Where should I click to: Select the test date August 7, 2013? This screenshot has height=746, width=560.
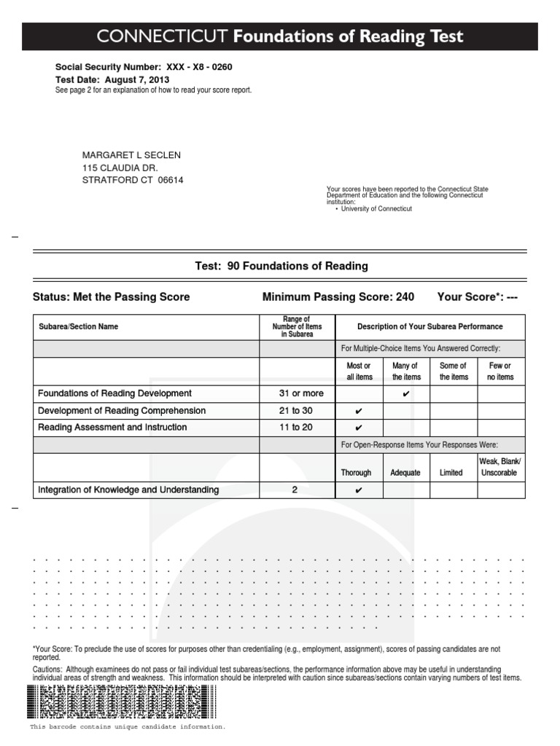point(137,79)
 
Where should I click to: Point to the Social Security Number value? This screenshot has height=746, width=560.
point(199,67)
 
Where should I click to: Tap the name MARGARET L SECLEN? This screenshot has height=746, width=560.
point(131,155)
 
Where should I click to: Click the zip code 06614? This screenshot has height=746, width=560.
point(171,180)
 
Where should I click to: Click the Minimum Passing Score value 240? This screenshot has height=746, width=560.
point(405,297)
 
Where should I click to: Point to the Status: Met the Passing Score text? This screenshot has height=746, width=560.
point(111,297)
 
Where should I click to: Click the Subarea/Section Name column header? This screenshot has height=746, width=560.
point(78,326)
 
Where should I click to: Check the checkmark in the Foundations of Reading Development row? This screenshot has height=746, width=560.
point(406,394)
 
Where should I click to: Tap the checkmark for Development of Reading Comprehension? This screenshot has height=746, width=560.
point(359,412)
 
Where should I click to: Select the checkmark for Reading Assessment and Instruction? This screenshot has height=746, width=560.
point(359,428)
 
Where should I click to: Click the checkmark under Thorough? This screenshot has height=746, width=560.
point(359,490)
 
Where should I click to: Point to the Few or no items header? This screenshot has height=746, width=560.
point(500,372)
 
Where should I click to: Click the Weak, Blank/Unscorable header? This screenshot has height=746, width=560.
point(500,467)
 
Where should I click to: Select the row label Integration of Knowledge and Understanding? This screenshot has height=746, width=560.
point(128,490)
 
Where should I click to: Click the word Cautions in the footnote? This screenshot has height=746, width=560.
point(48,670)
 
